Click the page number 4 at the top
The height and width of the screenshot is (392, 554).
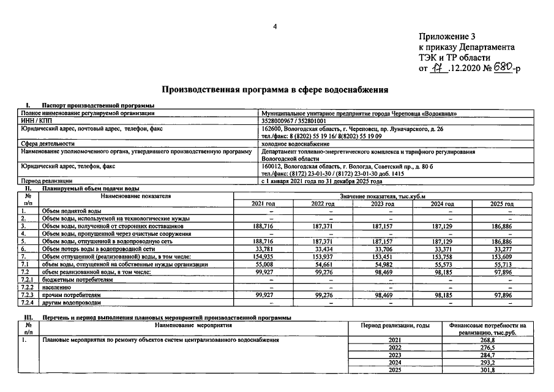point(275,26)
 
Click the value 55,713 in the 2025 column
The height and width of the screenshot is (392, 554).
point(501,264)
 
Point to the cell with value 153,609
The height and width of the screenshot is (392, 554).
point(501,257)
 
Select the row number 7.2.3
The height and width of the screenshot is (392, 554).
point(28,295)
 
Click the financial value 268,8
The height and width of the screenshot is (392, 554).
point(487,340)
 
